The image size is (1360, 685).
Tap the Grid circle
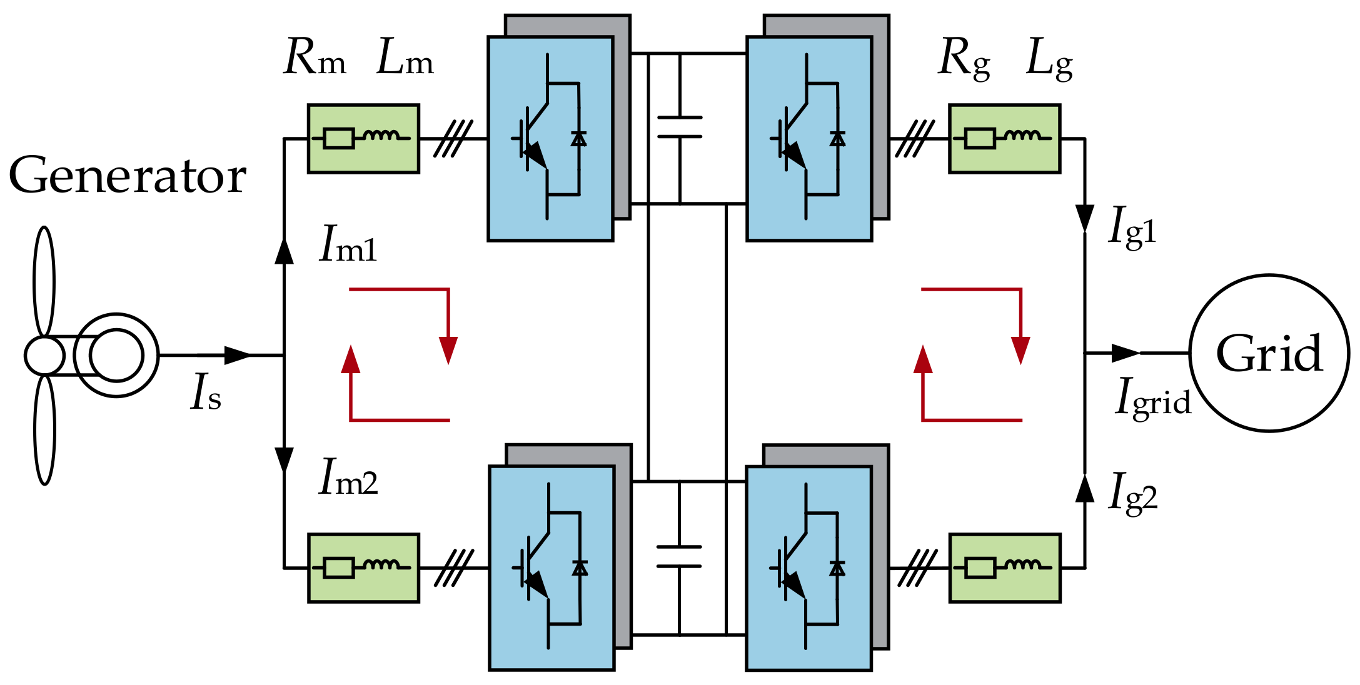pyautogui.click(x=1269, y=353)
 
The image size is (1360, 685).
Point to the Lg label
pyautogui.click(x=1049, y=61)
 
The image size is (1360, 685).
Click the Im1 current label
pyautogui.click(x=348, y=245)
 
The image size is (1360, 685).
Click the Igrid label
pyautogui.click(x=1153, y=398)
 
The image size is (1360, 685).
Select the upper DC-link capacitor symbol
pyautogui.click(x=680, y=127)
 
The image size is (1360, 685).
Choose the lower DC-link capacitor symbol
pyautogui.click(x=679, y=556)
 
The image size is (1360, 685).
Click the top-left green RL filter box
pyautogui.click(x=363, y=139)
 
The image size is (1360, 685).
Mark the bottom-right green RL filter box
pyautogui.click(x=1005, y=567)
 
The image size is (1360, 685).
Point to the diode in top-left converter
pyautogui.click(x=579, y=139)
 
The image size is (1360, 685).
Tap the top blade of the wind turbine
pyautogui.click(x=44, y=281)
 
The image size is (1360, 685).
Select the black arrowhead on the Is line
pyautogui.click(x=237, y=355)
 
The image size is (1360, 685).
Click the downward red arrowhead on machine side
pyautogui.click(x=448, y=349)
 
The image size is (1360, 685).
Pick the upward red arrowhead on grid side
pyautogui.click(x=923, y=360)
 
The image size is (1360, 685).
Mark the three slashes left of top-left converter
pyautogui.click(x=453, y=139)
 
